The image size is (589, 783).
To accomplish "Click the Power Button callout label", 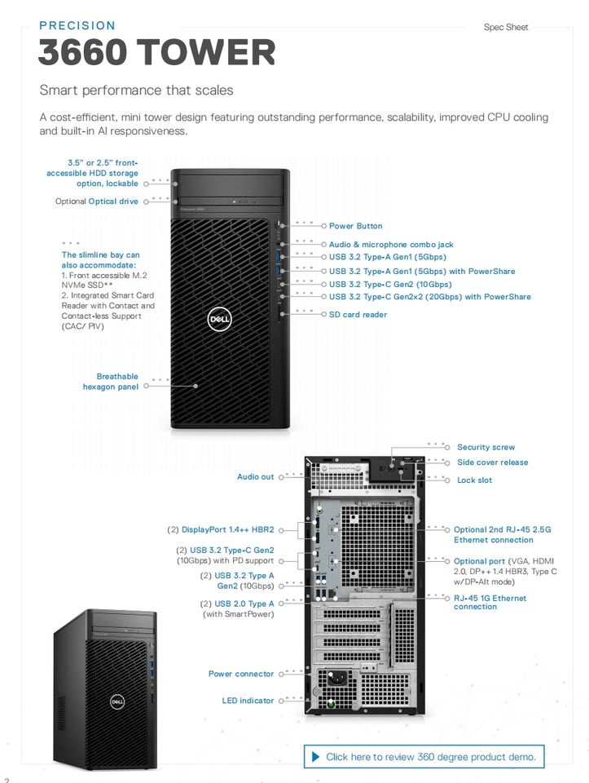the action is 355,226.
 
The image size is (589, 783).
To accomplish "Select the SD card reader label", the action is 358,315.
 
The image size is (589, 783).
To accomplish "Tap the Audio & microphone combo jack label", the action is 391,245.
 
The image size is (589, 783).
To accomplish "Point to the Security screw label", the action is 486,447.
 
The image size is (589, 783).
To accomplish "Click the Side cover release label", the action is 492,462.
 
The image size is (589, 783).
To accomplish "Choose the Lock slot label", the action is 474,480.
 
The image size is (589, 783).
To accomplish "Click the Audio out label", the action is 255,476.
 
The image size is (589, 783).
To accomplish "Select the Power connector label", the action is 241,674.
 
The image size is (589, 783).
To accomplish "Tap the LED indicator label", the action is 248,701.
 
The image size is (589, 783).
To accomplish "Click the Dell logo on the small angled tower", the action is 117,701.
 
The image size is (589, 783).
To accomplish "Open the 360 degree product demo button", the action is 422,757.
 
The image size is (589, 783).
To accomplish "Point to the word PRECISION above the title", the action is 77,25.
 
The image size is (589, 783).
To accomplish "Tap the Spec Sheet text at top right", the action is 506,27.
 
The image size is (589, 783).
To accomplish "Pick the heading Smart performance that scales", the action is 136,90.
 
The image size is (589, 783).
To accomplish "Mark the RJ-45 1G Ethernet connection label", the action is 490,602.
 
